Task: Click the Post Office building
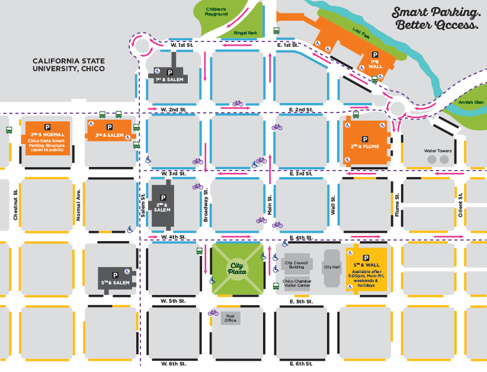pyautogui.click(x=231, y=318)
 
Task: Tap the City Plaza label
pyautogui.click(x=237, y=270)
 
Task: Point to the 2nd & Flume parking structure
pyautogui.click(x=364, y=139)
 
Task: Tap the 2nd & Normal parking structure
pyautogui.click(x=47, y=139)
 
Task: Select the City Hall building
pyautogui.click(x=332, y=267)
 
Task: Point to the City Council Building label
pyautogui.click(x=294, y=265)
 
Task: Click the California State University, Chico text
pyautogui.click(x=69, y=65)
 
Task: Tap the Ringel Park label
pyautogui.click(x=245, y=33)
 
